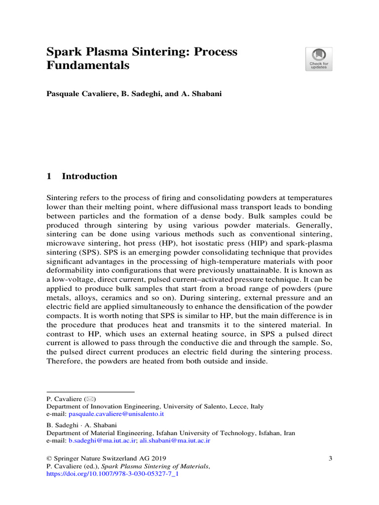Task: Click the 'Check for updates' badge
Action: point(319,59)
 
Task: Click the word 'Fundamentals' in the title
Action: point(88,65)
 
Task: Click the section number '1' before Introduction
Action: point(49,176)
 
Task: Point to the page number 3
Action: point(330,459)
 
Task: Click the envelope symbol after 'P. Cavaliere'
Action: point(90,398)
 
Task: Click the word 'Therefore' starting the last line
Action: point(64,361)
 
